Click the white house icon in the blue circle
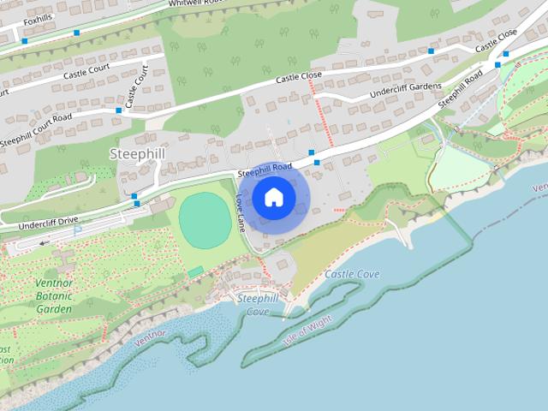click(x=273, y=198)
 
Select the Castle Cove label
click(x=352, y=275)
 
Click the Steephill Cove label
click(x=259, y=304)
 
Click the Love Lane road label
click(x=241, y=213)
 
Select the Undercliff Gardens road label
click(x=406, y=89)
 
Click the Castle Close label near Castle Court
click(x=298, y=78)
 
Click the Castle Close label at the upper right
click(x=497, y=39)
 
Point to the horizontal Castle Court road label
click(x=86, y=74)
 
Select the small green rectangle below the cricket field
click(x=196, y=271)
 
